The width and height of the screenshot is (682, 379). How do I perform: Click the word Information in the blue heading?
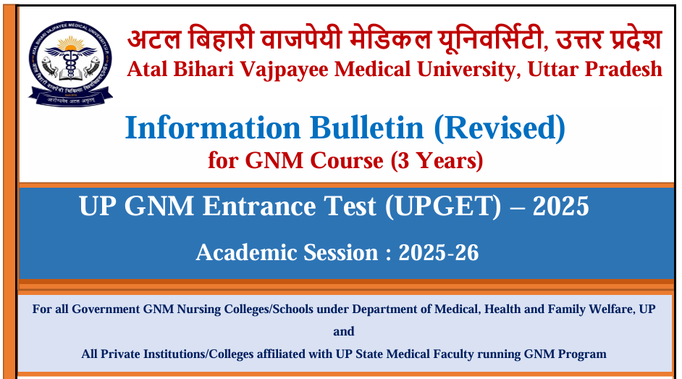coord(213,128)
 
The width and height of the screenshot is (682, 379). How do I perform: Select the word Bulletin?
coord(366,128)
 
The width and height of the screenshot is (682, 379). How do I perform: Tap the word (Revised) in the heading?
coord(500,128)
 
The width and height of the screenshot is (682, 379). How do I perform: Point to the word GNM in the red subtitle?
coord(274,161)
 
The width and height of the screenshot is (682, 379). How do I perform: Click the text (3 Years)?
coord(437,161)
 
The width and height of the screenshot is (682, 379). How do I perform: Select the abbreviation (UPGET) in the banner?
coord(443,207)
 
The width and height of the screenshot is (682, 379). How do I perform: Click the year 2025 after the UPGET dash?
coord(560,207)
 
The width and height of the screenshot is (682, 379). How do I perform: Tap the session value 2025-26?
coord(439,253)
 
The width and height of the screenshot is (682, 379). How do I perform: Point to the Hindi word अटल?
coord(154,38)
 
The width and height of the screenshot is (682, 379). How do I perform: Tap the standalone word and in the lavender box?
coord(344,332)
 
